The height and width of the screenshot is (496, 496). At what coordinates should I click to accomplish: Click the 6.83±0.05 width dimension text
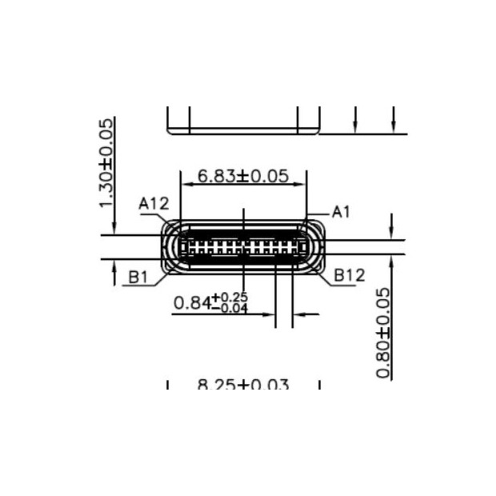243,177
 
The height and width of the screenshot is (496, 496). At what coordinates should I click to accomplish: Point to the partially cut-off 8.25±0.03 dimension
243,385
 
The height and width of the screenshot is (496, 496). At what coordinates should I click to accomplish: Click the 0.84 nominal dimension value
192,303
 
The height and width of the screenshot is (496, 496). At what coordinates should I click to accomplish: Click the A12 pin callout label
153,204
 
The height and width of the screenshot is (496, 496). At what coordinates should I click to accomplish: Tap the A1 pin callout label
342,211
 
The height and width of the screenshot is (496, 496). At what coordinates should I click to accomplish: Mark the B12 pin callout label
350,275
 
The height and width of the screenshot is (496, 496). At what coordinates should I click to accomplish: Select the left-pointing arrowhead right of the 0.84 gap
298,314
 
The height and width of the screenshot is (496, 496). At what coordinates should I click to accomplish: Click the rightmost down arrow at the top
394,126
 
